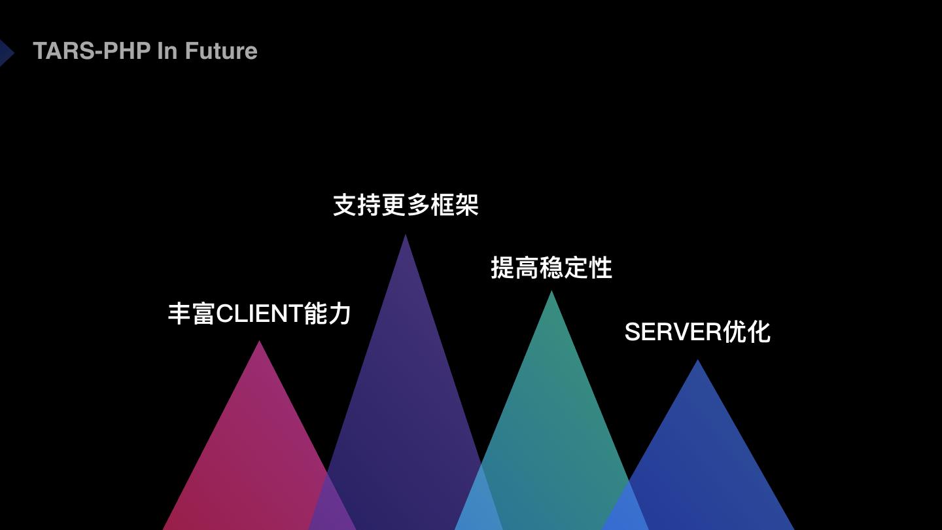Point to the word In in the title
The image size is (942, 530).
(x=167, y=51)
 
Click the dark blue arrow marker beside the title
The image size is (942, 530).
(x=6, y=53)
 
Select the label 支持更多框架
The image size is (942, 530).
(x=406, y=205)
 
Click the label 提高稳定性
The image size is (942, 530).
(x=551, y=268)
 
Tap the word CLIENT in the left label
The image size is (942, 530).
(x=259, y=314)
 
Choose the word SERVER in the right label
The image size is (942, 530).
(x=672, y=332)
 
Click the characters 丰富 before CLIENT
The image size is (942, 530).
(x=191, y=314)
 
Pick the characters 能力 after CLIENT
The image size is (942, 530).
(x=328, y=314)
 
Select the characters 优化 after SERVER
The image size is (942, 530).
(x=746, y=332)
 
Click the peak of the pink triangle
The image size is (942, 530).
(x=260, y=343)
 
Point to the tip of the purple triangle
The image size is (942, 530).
(x=406, y=237)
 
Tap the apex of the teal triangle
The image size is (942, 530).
(x=551, y=293)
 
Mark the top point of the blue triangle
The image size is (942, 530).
(x=697, y=362)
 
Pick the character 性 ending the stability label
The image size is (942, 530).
(x=601, y=268)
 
